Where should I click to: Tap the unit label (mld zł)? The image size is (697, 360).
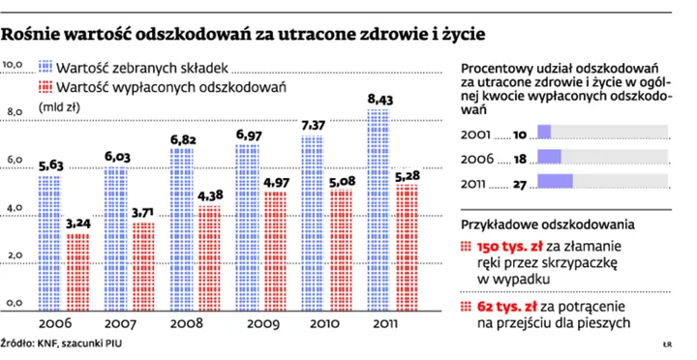click(58, 108)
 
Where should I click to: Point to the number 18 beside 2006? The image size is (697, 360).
click(519, 157)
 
